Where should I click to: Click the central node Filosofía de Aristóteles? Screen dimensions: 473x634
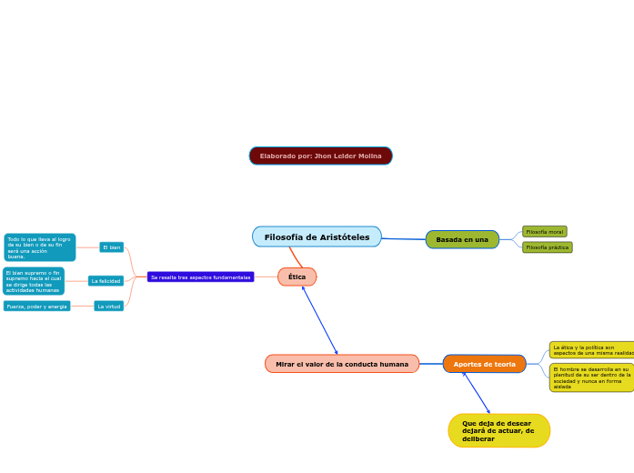(317, 237)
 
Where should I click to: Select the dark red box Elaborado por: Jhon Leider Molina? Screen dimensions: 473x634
(320, 156)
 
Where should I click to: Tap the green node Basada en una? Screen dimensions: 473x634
(462, 239)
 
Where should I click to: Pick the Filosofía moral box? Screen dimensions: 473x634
(544, 232)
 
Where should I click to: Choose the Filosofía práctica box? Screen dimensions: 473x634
(547, 247)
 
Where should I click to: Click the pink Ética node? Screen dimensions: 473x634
(297, 277)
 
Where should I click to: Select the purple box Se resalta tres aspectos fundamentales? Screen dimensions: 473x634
(200, 277)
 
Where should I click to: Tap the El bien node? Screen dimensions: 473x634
(111, 247)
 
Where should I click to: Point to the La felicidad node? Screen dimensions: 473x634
(106, 281)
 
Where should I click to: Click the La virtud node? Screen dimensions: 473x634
(108, 307)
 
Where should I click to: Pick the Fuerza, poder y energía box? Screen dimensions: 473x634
(37, 307)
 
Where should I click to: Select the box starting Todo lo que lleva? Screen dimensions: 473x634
(39, 247)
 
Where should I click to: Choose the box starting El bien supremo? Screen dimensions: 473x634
(34, 281)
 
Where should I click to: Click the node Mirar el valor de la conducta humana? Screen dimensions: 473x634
(342, 364)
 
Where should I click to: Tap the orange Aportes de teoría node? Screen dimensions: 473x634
(484, 364)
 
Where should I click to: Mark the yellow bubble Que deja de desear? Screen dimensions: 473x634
(498, 430)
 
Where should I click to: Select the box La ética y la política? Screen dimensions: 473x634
(592, 350)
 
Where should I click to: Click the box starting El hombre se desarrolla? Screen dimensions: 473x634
(591, 377)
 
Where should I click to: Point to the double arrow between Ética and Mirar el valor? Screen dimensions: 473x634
(320, 320)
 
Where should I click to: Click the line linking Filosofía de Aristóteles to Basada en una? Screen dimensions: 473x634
(404, 239)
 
